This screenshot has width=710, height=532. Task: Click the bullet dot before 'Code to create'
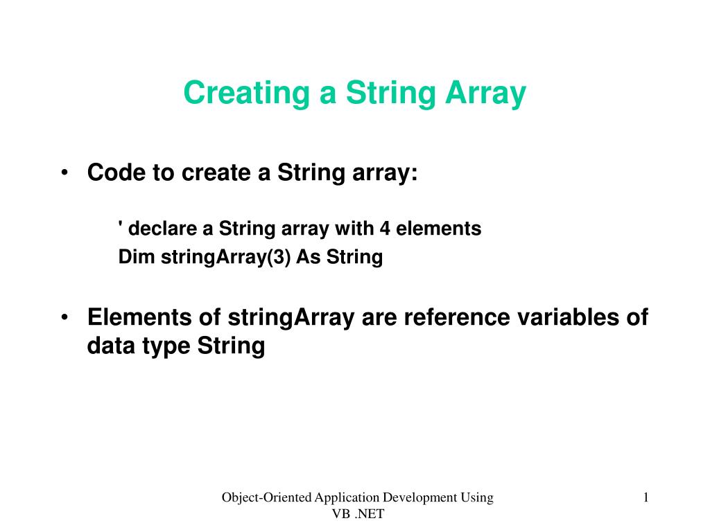(x=64, y=172)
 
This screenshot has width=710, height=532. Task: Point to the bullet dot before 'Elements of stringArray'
(x=64, y=317)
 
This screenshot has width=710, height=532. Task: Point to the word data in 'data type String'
(x=110, y=346)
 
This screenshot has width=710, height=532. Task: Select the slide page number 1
(x=646, y=497)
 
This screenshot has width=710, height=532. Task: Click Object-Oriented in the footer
(x=266, y=497)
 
